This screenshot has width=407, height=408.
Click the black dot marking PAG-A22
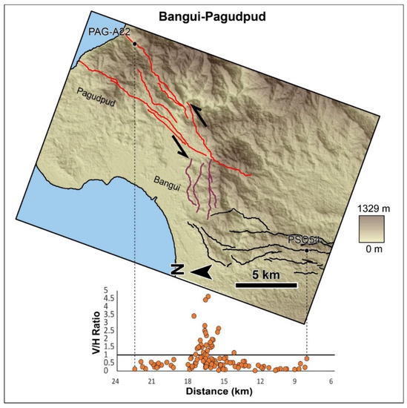click(x=134, y=44)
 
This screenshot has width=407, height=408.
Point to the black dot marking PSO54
click(x=307, y=250)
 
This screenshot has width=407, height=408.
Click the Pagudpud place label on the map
click(x=96, y=94)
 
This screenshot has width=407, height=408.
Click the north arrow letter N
click(x=177, y=272)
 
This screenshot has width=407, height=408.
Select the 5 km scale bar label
click(x=266, y=274)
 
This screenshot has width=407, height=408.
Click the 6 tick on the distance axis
click(x=331, y=381)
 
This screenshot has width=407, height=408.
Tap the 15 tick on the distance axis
click(x=223, y=381)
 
